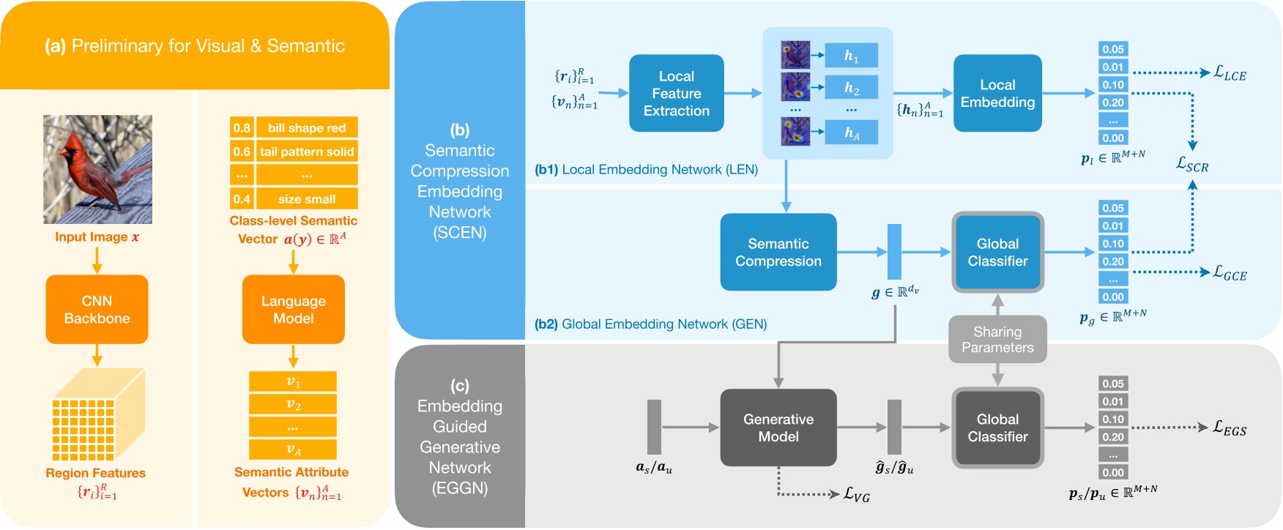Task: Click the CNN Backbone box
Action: pos(97,310)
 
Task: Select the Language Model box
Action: pos(293,310)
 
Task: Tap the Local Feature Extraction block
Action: pos(676,94)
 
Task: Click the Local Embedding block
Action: pos(997,94)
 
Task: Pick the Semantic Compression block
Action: pos(778,253)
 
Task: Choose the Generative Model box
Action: pos(778,428)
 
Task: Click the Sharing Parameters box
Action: pos(997,340)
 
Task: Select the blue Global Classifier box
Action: pos(997,253)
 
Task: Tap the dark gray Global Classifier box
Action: pos(997,428)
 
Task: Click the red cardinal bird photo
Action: pos(97,169)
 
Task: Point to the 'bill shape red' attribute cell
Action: pos(306,128)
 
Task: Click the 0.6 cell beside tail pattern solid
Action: pos(242,152)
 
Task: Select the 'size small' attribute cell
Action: pos(306,199)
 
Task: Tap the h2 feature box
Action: pos(851,89)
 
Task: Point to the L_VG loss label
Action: pos(856,496)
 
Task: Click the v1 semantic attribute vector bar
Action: pos(293,381)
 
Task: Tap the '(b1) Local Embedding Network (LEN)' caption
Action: pos(646,170)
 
